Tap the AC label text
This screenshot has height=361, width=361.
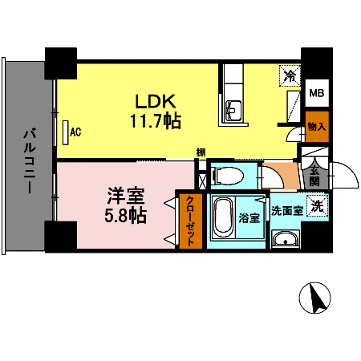pos(77,132)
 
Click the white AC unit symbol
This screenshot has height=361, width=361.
pos(65,132)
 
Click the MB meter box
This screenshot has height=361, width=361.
pos(318,93)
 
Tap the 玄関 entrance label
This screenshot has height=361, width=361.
pos(315,174)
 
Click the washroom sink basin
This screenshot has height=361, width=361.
pos(284,240)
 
